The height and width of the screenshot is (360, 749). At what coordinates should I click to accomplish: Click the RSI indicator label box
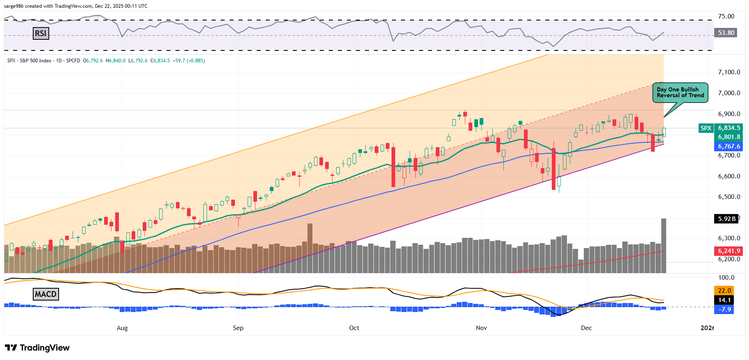(41, 33)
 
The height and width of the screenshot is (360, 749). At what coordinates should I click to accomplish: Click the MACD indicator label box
(46, 294)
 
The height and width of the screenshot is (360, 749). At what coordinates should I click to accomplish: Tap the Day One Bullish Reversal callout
(680, 93)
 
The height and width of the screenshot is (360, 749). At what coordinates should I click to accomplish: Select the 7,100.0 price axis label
(729, 72)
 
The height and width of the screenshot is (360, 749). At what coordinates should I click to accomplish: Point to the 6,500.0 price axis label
(729, 197)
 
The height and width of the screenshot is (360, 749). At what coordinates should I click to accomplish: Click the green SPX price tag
(706, 128)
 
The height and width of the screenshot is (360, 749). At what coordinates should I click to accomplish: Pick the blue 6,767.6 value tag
(729, 146)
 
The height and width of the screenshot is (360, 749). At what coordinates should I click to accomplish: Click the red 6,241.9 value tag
(729, 251)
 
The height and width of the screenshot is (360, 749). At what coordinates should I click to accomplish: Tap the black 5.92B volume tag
(726, 219)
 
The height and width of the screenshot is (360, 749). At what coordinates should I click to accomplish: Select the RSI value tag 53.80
(726, 33)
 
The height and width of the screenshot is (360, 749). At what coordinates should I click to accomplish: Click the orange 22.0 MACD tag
(724, 291)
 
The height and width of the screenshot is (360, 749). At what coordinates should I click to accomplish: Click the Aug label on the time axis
(122, 328)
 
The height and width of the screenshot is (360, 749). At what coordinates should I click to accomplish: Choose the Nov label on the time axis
(481, 328)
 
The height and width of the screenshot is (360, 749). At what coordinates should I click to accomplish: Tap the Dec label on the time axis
(586, 328)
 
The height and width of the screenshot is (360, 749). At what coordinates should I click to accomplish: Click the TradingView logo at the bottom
(37, 348)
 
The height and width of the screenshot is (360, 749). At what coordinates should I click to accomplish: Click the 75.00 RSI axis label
(726, 16)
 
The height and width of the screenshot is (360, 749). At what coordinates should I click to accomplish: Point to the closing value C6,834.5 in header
(160, 61)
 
